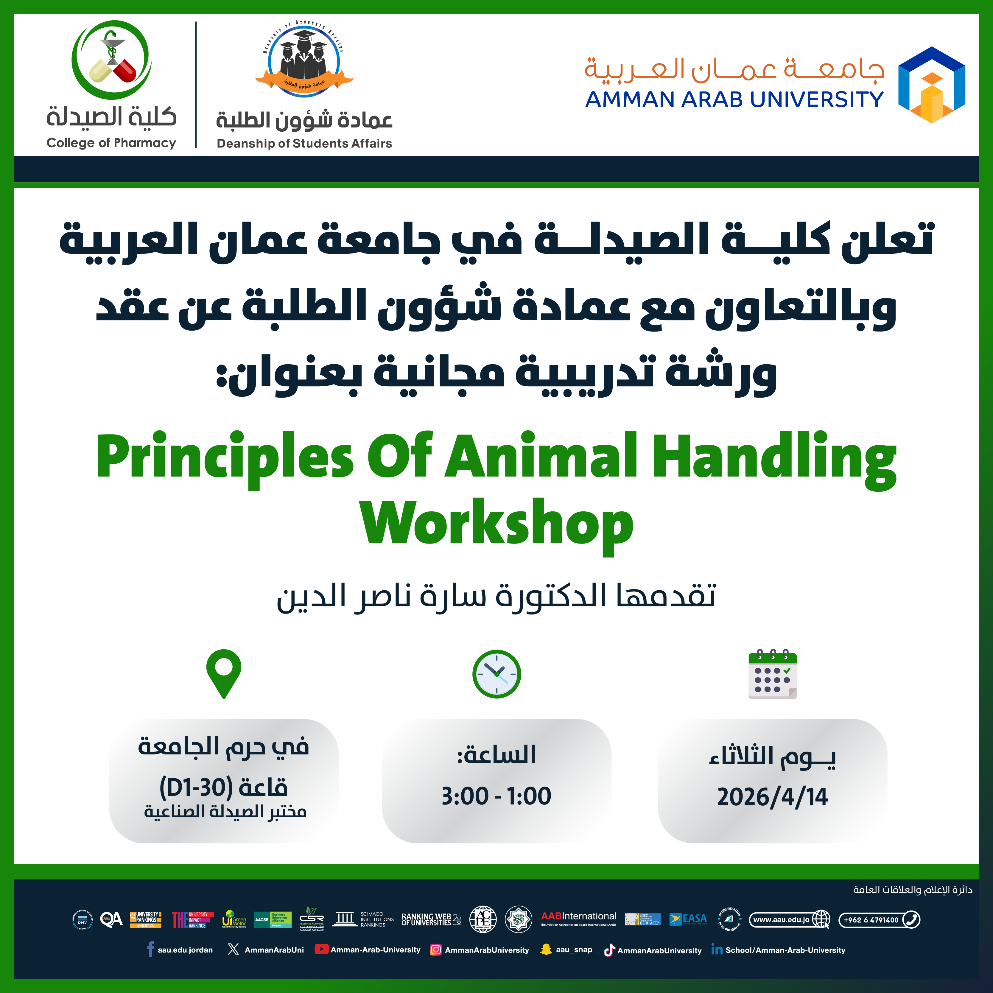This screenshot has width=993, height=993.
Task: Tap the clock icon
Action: [x=496, y=674]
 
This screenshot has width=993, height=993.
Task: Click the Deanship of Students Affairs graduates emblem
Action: [x=304, y=59]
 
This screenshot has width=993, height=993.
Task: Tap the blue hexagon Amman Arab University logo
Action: [x=931, y=85]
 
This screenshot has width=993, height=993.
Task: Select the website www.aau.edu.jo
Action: [x=781, y=919]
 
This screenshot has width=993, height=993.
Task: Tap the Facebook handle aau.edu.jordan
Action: [x=185, y=950]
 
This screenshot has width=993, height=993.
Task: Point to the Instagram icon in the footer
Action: [x=435, y=950]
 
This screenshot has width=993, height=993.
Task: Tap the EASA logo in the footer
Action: [x=688, y=919]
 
